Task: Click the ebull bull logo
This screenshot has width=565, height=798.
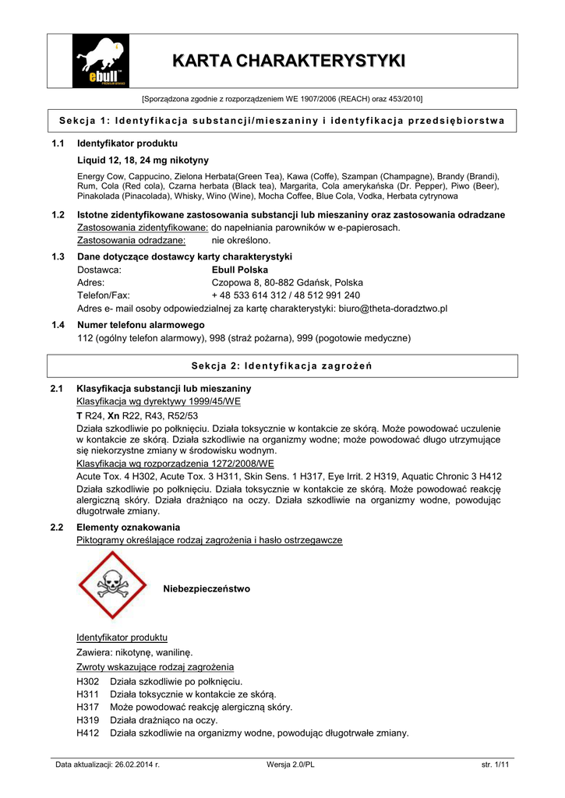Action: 101,62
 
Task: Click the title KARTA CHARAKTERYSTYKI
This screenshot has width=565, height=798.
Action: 288,61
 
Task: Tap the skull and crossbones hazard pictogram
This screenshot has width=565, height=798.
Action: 113,585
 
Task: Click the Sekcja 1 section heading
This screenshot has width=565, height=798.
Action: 282,120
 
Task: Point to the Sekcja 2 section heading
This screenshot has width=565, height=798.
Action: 282,365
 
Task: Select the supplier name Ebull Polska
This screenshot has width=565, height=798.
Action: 240,269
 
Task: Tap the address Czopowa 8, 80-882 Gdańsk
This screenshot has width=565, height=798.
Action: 288,282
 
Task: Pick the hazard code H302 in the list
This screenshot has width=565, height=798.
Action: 88,680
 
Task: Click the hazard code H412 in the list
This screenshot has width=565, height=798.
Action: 88,733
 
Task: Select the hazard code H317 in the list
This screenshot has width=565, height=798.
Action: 88,707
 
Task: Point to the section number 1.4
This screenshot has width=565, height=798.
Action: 57,324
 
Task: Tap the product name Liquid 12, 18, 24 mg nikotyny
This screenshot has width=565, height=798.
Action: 143,160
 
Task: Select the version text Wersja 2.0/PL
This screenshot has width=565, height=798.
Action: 290,764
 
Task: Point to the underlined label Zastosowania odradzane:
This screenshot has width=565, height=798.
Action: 131,240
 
